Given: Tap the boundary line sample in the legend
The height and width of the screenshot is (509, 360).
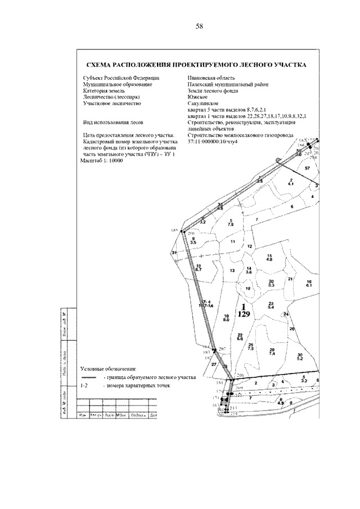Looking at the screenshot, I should pos(88,377).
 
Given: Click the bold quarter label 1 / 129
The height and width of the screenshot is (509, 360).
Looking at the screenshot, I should pos(243,310).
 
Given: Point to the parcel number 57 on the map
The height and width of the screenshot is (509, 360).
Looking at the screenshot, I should pos(307,168).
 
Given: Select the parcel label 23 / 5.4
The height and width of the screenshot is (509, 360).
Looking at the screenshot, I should pos(271,305).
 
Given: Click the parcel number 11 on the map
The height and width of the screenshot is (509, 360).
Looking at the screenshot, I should pos(232,241).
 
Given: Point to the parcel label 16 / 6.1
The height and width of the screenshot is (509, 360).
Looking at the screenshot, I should pos(308,283).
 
